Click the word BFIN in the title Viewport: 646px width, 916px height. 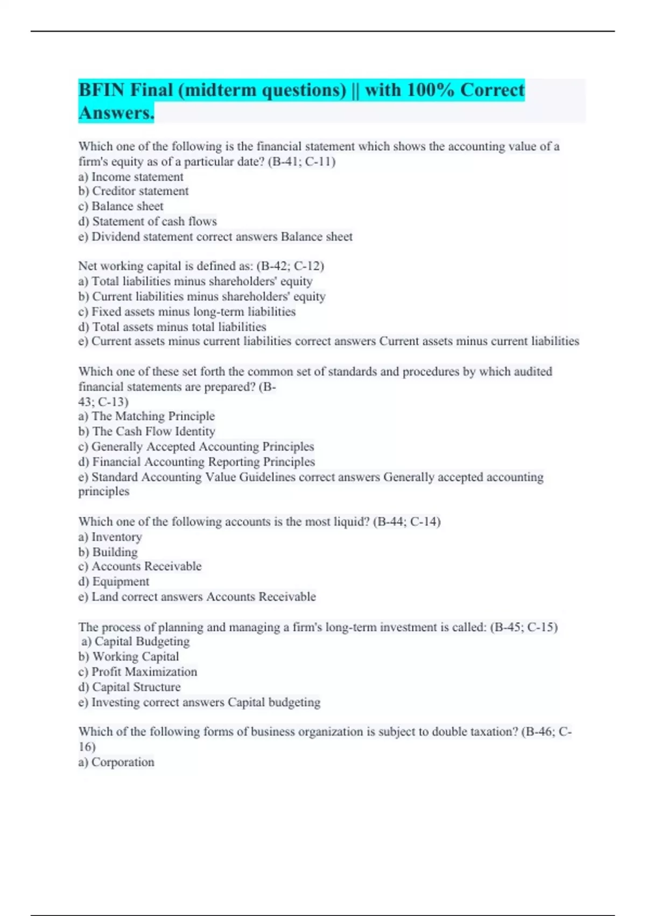tap(102, 90)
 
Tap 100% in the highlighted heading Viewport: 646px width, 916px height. tap(431, 90)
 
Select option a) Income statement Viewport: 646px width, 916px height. tap(131, 177)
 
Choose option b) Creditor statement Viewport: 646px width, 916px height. tap(134, 191)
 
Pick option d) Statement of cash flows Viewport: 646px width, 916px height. tap(148, 221)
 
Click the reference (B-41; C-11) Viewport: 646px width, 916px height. tap(301, 162)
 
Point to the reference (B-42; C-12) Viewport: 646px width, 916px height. tap(290, 266)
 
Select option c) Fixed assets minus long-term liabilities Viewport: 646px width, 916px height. tap(187, 311)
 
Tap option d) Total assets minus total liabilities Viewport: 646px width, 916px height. tap(172, 327)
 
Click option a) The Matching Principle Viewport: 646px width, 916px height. tap(146, 416)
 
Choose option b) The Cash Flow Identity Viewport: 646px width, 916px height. tap(146, 431)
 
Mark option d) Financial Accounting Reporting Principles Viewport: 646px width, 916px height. tap(196, 462)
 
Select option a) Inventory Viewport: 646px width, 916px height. tap(110, 537)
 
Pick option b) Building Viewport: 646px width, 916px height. tap(108, 552)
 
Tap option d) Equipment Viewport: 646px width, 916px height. tap(114, 581)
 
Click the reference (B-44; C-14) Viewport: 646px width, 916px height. tap(406, 522)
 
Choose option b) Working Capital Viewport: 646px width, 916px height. tap(129, 656)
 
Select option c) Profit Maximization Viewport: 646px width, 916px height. tap(138, 672)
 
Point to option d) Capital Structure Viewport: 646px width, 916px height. tap(129, 687)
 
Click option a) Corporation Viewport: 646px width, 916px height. tap(116, 762)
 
